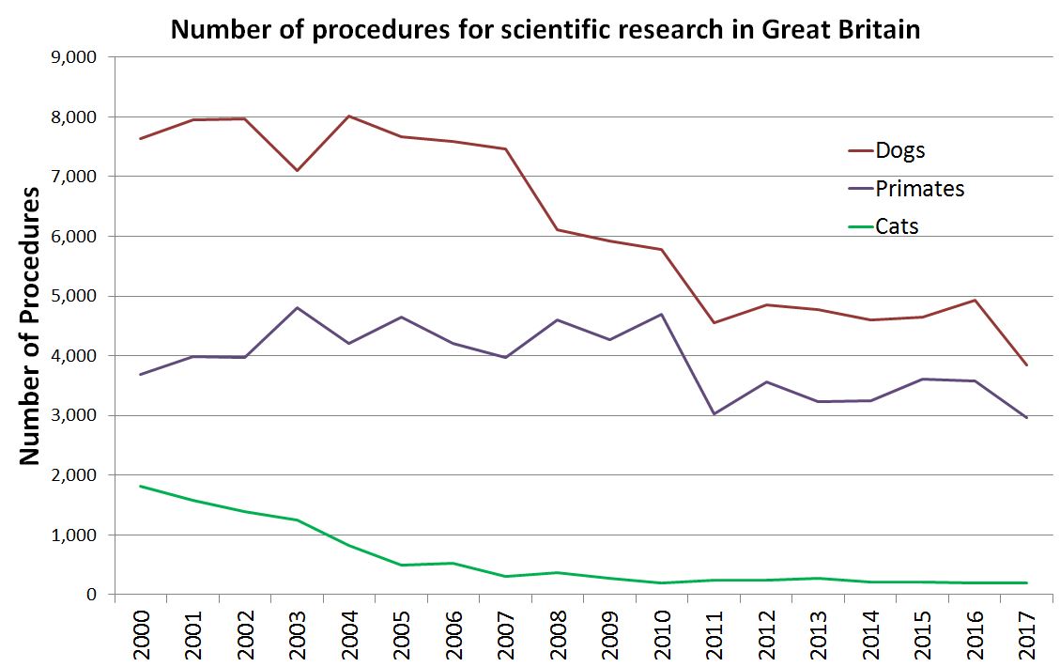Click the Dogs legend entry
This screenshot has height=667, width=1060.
[x=899, y=150]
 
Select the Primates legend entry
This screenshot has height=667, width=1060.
[x=919, y=188]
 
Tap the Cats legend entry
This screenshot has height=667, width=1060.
[x=896, y=225]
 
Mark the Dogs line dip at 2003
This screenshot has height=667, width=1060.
[x=297, y=170]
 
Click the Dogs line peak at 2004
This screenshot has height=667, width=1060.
[x=349, y=116]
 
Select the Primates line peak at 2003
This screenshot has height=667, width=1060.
[x=297, y=307]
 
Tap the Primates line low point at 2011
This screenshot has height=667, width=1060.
[x=714, y=414]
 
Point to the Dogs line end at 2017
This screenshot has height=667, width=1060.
[x=1027, y=365]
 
